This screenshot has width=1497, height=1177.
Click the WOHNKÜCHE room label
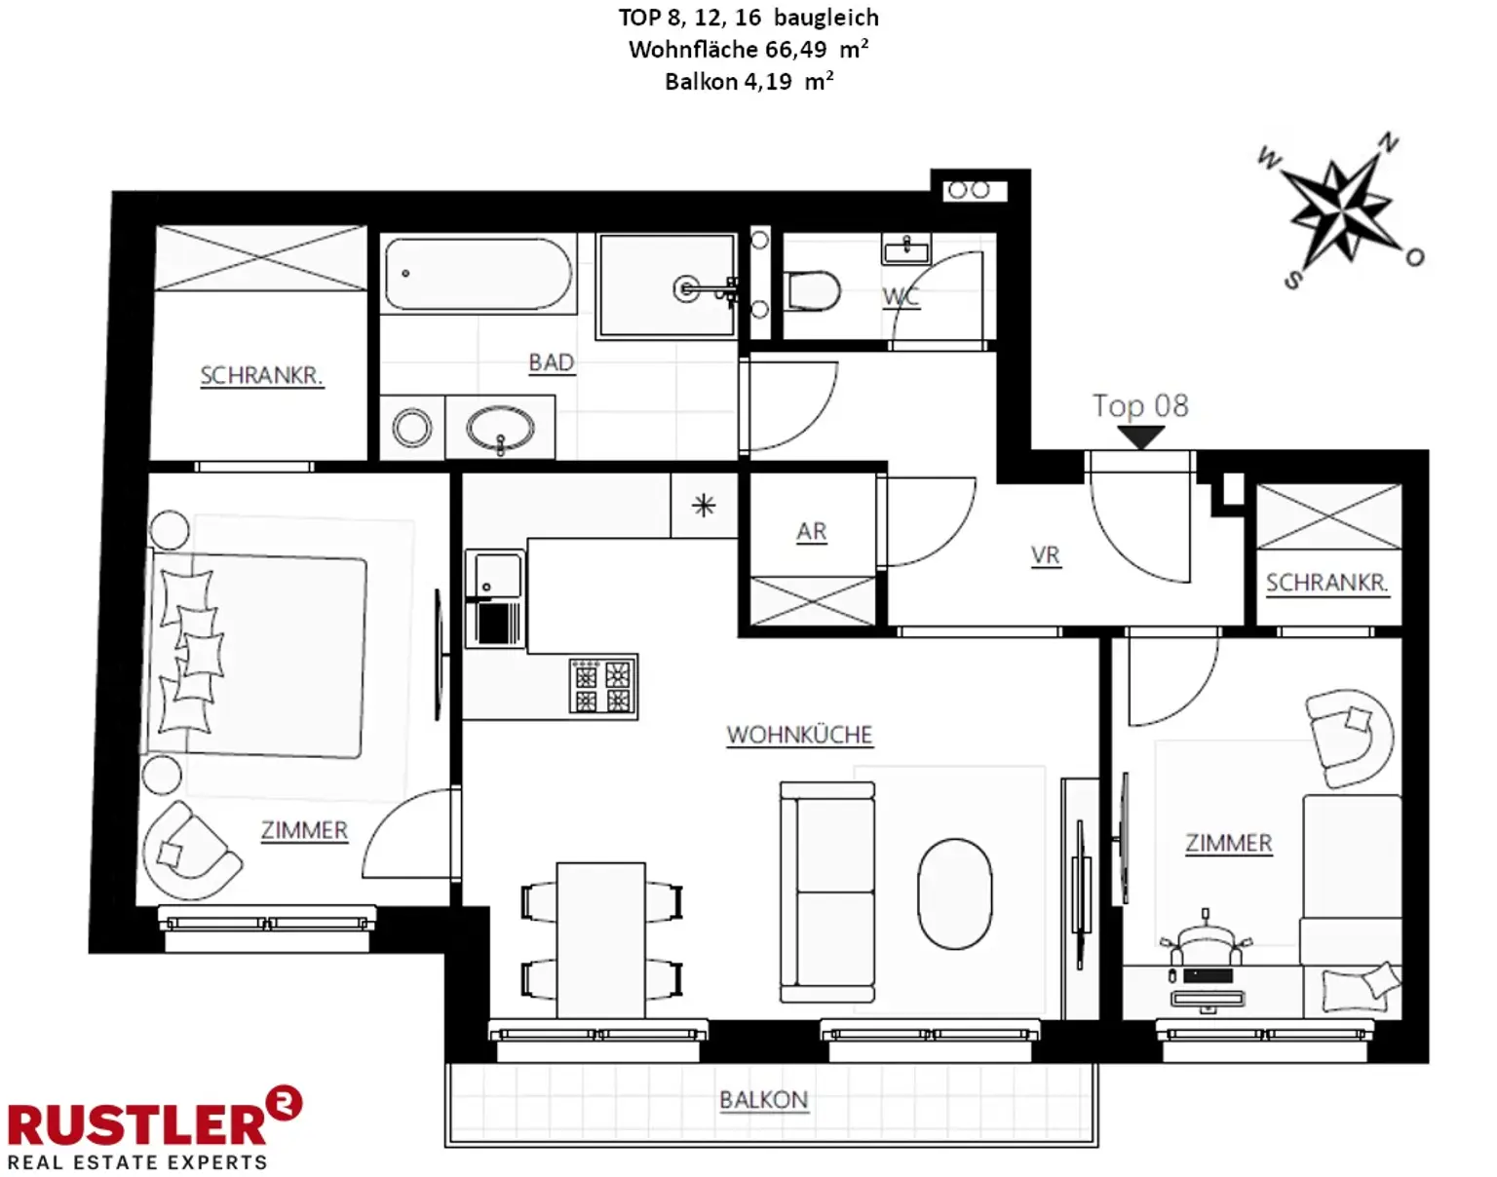point(799,736)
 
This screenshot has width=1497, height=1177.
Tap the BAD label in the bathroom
point(551,362)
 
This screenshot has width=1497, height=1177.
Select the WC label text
point(901,297)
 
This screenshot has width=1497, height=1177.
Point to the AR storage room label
point(811,532)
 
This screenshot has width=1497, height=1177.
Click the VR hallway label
point(1046,555)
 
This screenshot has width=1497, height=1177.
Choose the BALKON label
point(763,1100)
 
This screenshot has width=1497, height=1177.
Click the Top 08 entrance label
point(1140,405)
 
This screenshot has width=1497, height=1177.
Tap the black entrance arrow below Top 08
point(1141,437)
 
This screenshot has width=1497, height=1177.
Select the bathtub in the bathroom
point(479,274)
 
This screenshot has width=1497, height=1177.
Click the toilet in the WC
point(812,290)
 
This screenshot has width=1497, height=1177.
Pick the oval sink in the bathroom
point(500,428)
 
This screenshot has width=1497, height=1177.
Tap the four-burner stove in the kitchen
point(602,685)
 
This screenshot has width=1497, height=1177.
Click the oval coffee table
point(954,893)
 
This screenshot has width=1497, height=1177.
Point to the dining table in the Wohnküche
point(601,940)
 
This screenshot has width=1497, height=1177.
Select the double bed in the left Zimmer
point(256,656)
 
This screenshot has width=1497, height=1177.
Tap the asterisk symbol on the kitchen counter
point(704,506)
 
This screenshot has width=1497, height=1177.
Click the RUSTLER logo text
point(137,1125)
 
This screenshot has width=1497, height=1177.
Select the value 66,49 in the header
point(796,50)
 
